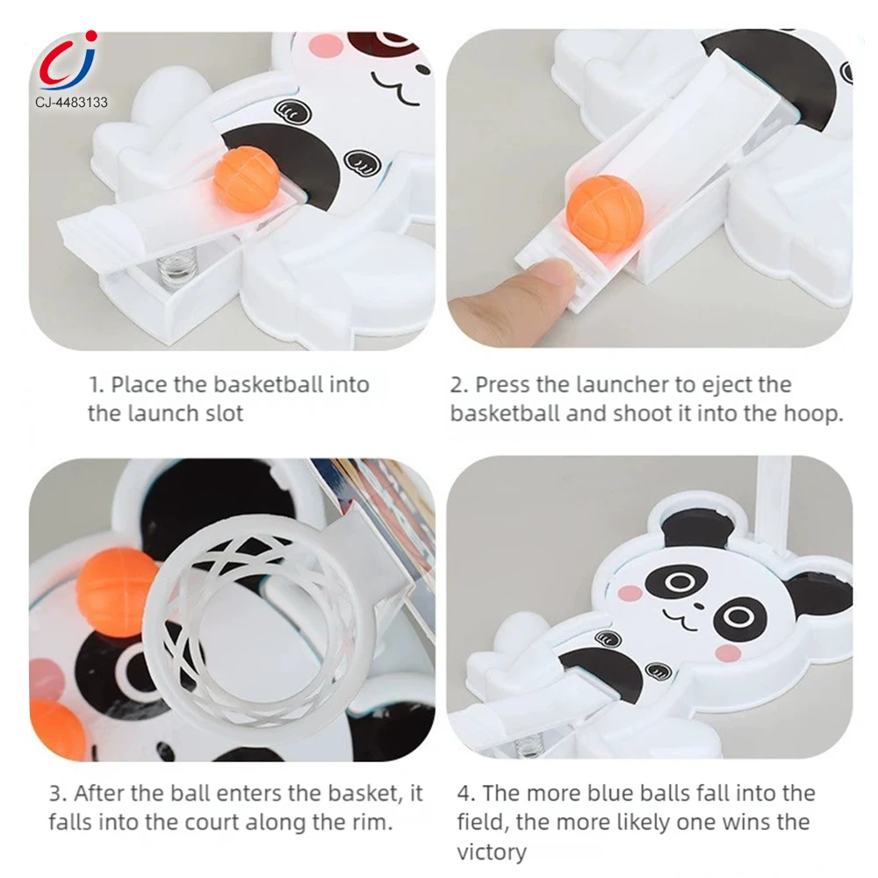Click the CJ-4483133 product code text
coord(71,102)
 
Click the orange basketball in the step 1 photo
coord(247,178)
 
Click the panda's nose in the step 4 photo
coord(698,606)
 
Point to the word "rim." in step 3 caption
coord(370,823)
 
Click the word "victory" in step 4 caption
coord(492,853)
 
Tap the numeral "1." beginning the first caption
coord(97,385)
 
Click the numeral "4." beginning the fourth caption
coord(466,794)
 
